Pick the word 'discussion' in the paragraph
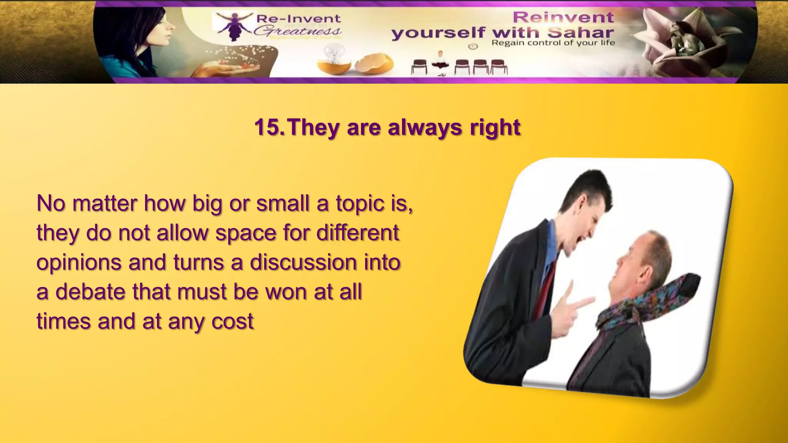coord(304,262)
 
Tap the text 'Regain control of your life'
coord(553,43)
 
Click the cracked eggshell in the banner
coord(374,63)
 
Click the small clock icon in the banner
coord(473,47)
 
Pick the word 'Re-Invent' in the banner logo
coord(298,18)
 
